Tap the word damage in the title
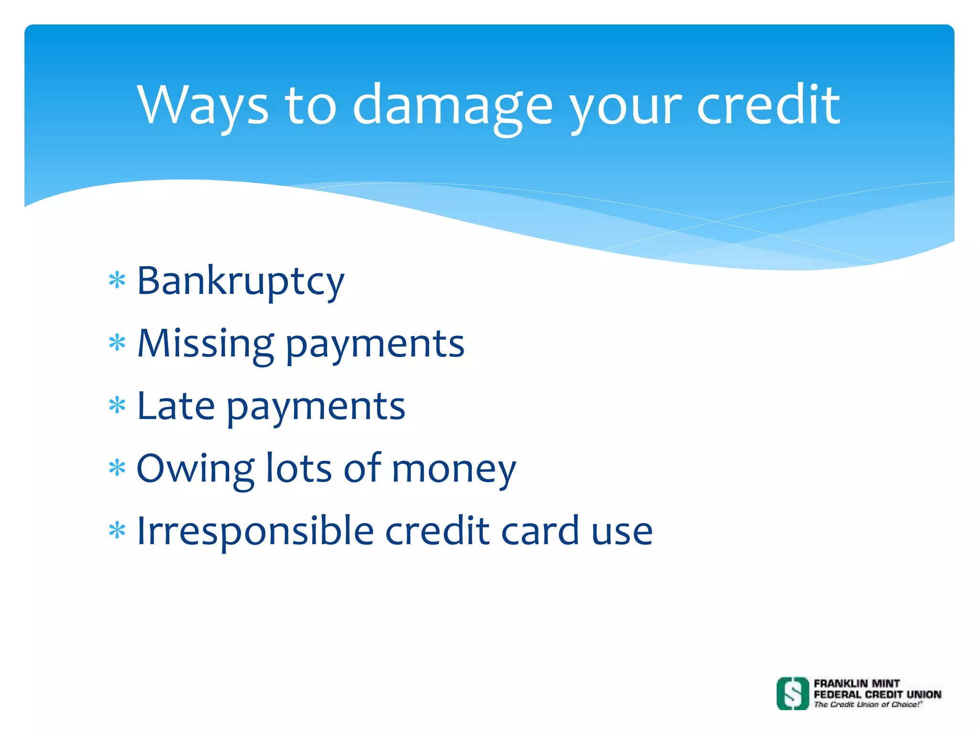click(x=452, y=106)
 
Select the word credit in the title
click(x=768, y=105)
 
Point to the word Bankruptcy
click(x=240, y=282)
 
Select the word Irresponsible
click(x=255, y=532)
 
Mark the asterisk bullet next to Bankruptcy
click(x=117, y=281)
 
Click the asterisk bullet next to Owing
click(x=117, y=468)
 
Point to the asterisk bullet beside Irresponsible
click(x=117, y=530)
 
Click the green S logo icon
click(x=793, y=693)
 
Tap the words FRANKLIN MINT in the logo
click(x=857, y=683)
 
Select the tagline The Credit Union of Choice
click(x=867, y=704)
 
